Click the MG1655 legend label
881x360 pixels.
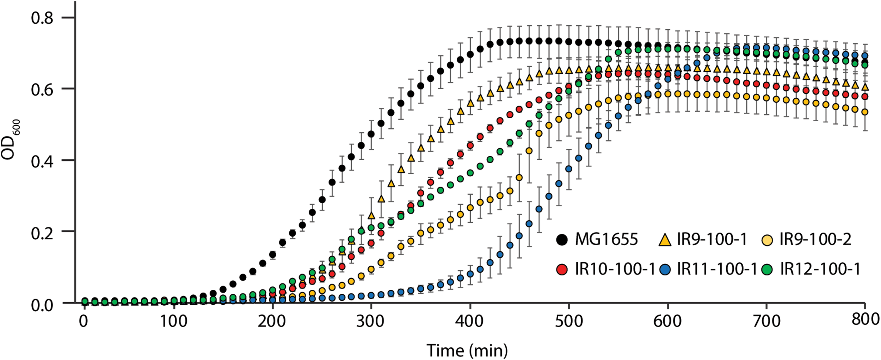606,240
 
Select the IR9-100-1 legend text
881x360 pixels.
712,240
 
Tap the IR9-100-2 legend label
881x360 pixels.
815,240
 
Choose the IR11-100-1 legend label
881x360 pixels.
717,269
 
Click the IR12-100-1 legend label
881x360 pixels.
820,269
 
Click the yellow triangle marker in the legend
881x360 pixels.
665,240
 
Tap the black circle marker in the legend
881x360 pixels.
562,240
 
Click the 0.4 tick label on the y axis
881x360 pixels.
42,161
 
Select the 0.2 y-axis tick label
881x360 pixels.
42,233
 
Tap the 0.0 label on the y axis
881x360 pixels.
42,305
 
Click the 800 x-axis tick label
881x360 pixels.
865,319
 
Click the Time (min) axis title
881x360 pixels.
467,350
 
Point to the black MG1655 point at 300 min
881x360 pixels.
371,134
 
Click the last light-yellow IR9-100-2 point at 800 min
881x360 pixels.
864,112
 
